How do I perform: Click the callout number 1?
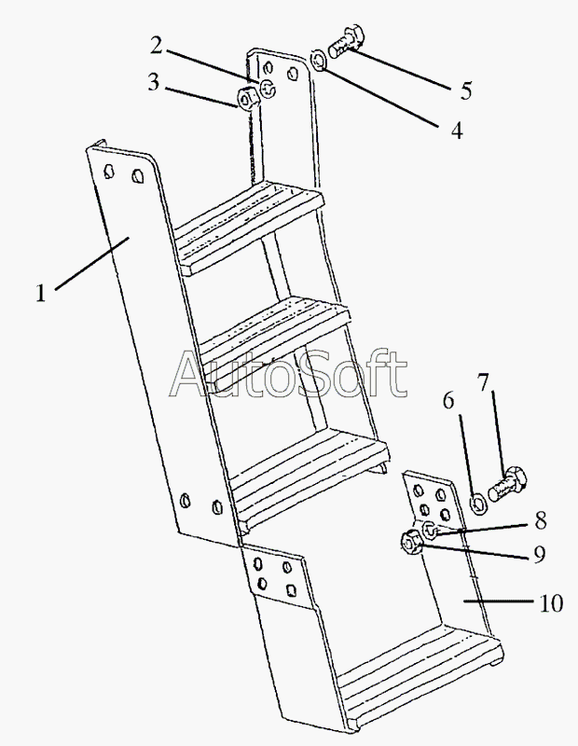tap(40, 292)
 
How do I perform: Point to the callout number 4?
tap(456, 130)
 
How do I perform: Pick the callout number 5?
tap(465, 90)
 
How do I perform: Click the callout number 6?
tap(448, 401)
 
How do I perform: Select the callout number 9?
tap(540, 555)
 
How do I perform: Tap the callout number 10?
tap(550, 603)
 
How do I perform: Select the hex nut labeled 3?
tap(247, 96)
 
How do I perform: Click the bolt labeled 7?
tap(508, 485)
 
